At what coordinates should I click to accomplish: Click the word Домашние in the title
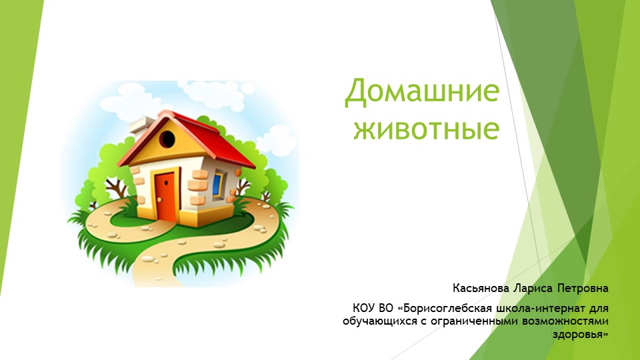(x=422, y=93)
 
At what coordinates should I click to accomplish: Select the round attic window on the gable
(x=167, y=139)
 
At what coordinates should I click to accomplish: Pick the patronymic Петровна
(x=585, y=289)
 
